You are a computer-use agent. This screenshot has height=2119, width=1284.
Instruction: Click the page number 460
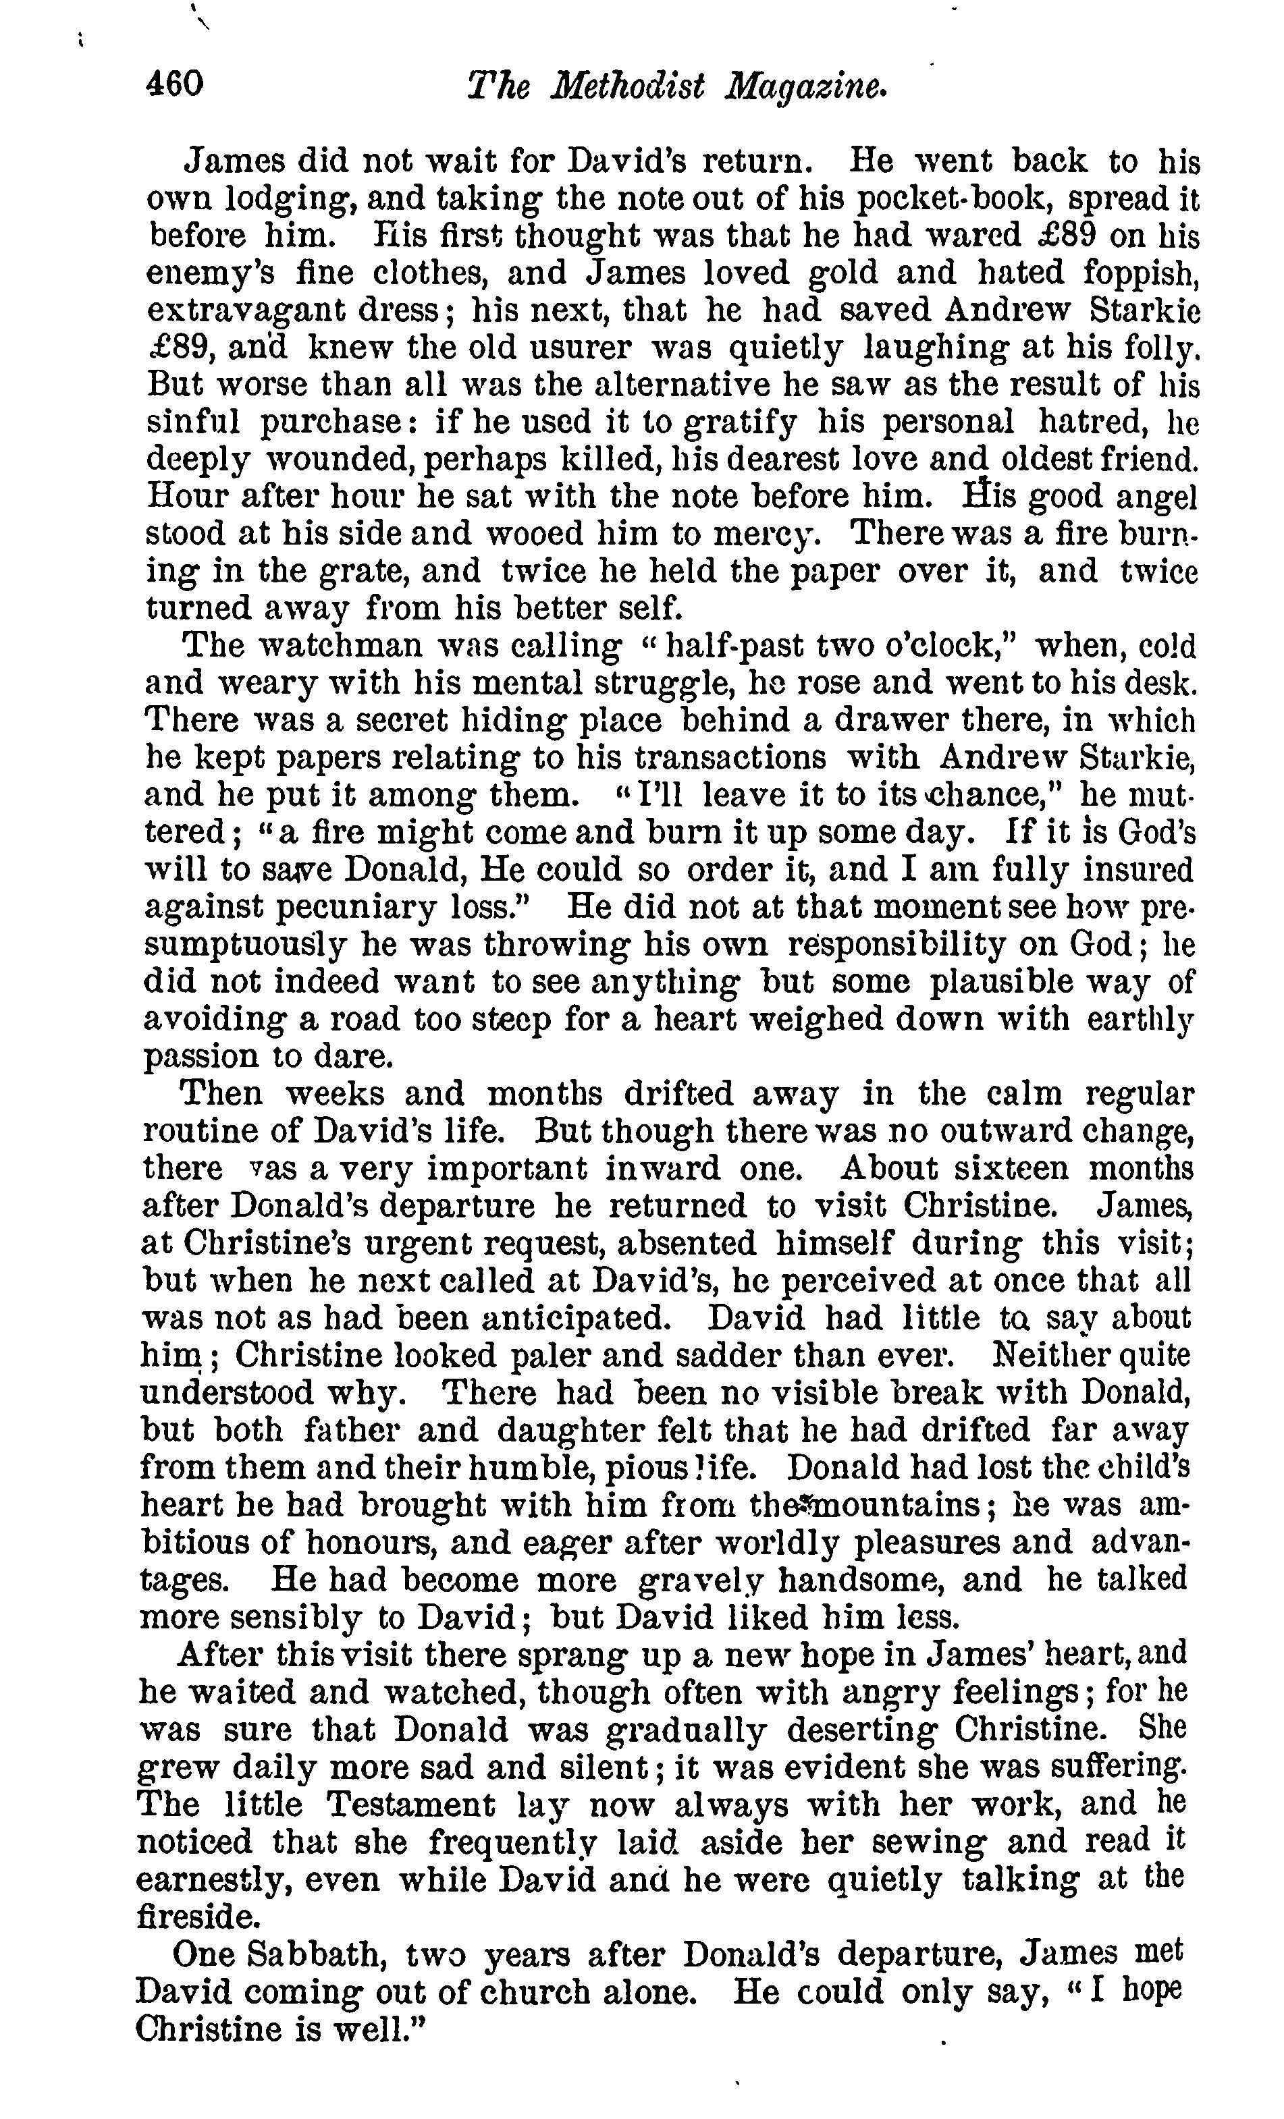[175, 84]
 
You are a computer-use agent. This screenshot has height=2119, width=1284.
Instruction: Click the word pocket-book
[951, 198]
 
